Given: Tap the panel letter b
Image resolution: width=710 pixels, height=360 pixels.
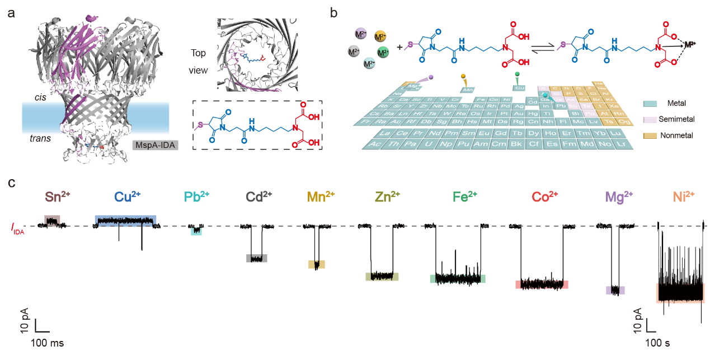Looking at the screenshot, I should [333, 12].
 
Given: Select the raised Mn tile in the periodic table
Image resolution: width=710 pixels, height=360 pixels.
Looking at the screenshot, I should [468, 88].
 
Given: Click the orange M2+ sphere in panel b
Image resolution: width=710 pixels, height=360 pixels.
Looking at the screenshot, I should [380, 37].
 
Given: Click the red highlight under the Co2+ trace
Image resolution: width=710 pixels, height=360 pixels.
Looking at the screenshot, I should [542, 284].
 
